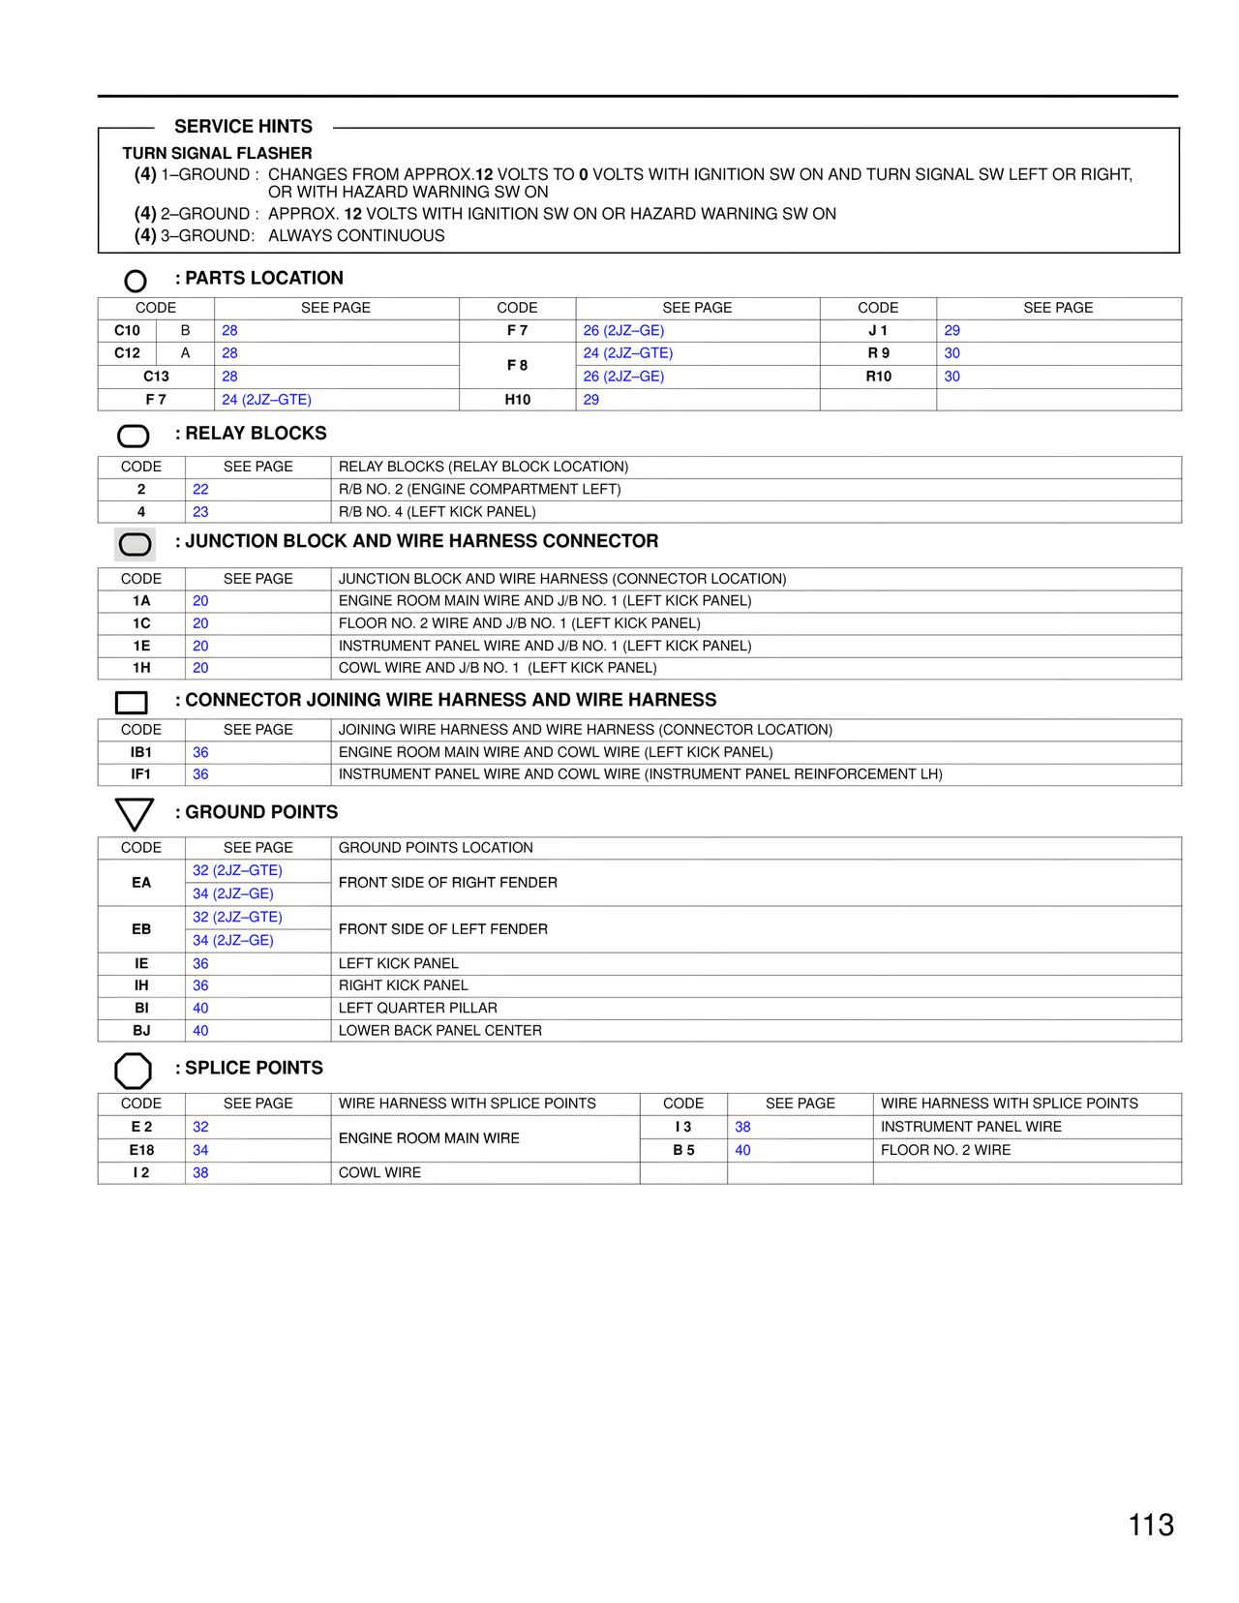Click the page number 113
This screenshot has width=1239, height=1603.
point(1151,1525)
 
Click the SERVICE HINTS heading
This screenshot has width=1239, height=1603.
point(243,127)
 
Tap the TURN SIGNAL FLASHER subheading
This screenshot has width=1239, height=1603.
point(217,153)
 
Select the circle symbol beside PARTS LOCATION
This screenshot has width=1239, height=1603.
point(136,281)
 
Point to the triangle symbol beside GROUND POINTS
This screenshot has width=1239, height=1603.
point(134,814)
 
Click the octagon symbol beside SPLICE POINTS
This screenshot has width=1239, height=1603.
point(133,1071)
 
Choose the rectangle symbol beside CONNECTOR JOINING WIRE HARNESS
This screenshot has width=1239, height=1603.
point(132,702)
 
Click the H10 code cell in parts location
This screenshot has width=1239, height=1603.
point(517,400)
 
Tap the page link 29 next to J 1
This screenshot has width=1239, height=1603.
point(952,330)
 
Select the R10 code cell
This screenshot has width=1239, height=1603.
point(878,377)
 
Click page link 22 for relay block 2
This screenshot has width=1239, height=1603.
point(200,490)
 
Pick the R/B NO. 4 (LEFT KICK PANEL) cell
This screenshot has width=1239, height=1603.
point(437,512)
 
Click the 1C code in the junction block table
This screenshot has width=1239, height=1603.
point(141,623)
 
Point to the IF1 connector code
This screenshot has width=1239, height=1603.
point(141,774)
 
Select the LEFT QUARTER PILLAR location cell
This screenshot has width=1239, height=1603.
point(417,1008)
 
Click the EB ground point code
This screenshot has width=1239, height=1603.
point(141,929)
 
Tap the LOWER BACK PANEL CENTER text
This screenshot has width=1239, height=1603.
point(439,1031)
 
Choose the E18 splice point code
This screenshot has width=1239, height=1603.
point(141,1150)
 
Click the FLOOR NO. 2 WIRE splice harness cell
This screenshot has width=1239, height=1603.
point(945,1150)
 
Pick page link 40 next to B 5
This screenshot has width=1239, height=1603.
point(742,1150)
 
